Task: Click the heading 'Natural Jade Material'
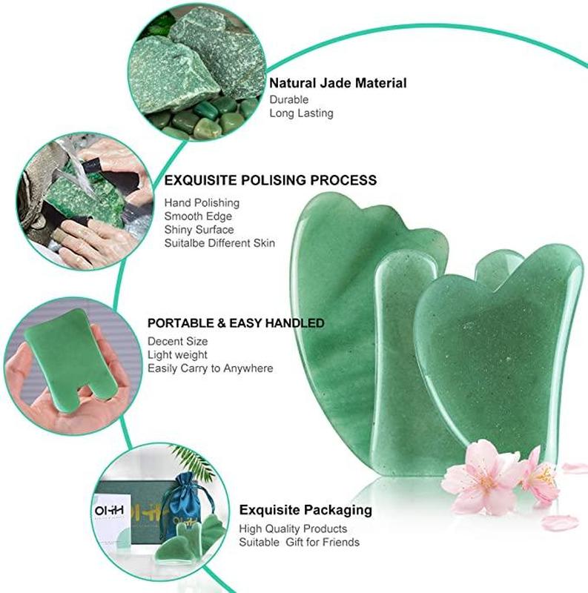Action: (x=338, y=83)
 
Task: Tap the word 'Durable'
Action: (x=288, y=100)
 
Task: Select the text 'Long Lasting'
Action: (x=301, y=113)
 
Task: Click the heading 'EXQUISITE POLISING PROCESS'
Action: (x=271, y=180)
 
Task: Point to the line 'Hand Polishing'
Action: (x=202, y=203)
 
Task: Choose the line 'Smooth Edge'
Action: (x=198, y=216)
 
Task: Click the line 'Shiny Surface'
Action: (x=199, y=230)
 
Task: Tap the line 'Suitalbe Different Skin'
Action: (x=219, y=243)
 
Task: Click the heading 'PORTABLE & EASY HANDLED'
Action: (x=236, y=323)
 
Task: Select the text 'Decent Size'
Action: (x=177, y=342)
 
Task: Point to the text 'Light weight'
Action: (x=177, y=355)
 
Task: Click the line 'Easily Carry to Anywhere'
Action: (x=211, y=368)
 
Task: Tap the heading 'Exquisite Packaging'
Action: (x=305, y=510)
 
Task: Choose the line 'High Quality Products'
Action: (x=293, y=529)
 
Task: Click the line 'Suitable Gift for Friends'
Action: (x=300, y=543)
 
